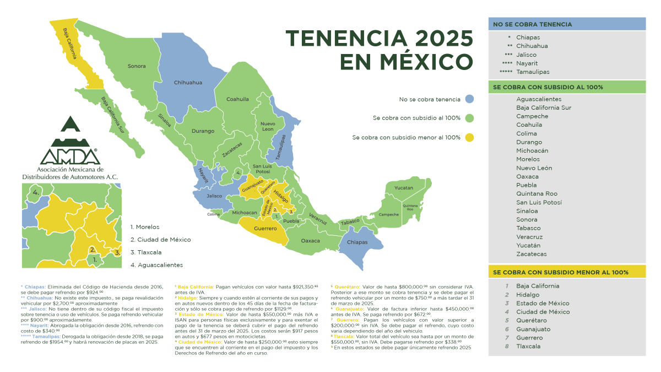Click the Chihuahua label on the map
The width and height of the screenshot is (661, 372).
[x=188, y=82]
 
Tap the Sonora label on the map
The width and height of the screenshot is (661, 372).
[x=137, y=66]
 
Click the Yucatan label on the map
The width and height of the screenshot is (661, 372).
[x=403, y=188]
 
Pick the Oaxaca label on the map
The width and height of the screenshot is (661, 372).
[x=311, y=241]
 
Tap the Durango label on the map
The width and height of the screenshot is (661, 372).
[x=203, y=131]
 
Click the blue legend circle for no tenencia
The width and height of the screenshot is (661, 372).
[x=469, y=100]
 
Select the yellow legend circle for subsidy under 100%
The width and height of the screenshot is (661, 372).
[x=469, y=137]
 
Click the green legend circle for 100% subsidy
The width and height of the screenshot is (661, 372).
[x=469, y=118]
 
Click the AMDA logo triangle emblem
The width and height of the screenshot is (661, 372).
[x=70, y=127]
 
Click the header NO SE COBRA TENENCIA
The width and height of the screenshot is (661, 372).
[x=532, y=24]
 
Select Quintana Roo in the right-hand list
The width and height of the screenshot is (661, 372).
[x=537, y=193]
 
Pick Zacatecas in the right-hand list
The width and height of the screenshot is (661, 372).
[x=531, y=254]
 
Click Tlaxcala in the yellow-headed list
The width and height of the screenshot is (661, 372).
[x=528, y=346]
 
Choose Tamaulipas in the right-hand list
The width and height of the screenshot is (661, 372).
[x=533, y=72]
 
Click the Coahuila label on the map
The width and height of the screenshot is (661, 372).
[x=237, y=99]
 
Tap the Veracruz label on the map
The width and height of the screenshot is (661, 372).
[x=317, y=219]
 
